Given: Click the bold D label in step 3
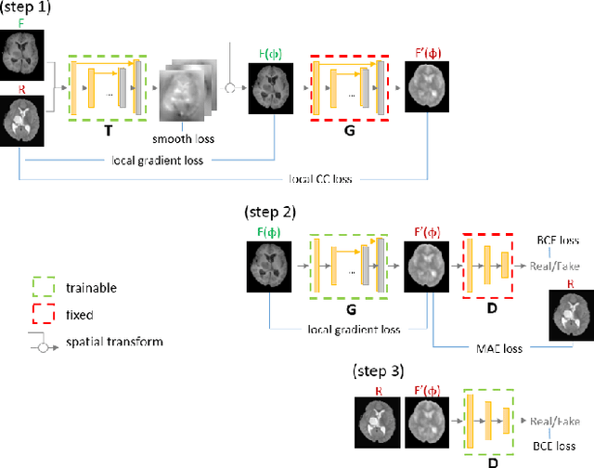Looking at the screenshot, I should coord(489,460).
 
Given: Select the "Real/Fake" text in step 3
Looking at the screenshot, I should coord(554,421).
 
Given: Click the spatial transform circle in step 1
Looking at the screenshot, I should coord(228,90).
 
